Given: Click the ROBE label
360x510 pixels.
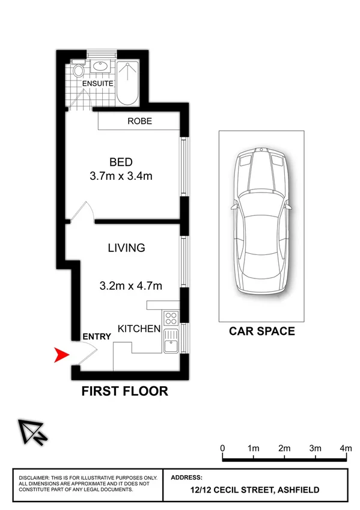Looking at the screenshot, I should (139, 121).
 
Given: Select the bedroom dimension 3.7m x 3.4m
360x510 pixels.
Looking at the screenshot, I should (121, 177).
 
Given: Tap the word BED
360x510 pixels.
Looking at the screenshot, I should (121, 162).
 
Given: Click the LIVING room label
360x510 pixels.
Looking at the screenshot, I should (126, 248).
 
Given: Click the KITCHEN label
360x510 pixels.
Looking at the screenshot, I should (139, 329).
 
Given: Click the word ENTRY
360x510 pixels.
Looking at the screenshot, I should (97, 337).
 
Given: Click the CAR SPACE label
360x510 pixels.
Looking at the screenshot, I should (262, 331).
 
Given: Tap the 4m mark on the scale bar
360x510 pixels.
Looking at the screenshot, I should (346, 449).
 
